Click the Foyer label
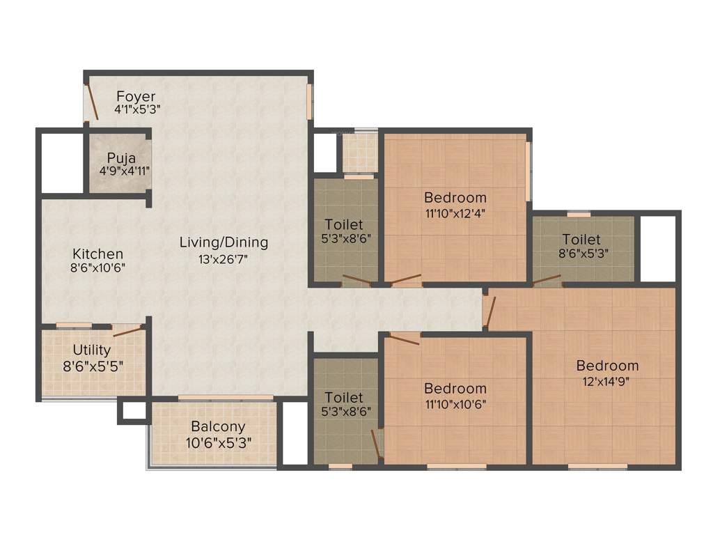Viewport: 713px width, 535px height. pyautogui.click(x=136, y=96)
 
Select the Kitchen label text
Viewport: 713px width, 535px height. pyautogui.click(x=98, y=254)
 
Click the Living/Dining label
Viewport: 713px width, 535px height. pyautogui.click(x=224, y=242)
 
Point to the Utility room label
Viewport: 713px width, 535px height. pyautogui.click(x=92, y=350)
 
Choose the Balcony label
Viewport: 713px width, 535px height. pyautogui.click(x=218, y=426)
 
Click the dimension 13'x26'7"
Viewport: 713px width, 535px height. pyautogui.click(x=224, y=259)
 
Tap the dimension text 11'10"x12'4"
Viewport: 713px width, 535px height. pyautogui.click(x=455, y=213)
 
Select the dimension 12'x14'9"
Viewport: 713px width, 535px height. pyautogui.click(x=607, y=382)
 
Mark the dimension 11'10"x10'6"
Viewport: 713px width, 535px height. pyautogui.click(x=455, y=404)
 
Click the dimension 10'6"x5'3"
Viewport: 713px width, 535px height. pyautogui.click(x=218, y=442)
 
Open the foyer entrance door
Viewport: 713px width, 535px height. pyautogui.click(x=91, y=103)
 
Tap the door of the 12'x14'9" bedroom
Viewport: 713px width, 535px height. pyautogui.click(x=491, y=311)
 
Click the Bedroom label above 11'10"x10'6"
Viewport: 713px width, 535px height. pyautogui.click(x=455, y=388)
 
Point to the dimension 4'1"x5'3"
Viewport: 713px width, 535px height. pyautogui.click(x=138, y=109)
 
